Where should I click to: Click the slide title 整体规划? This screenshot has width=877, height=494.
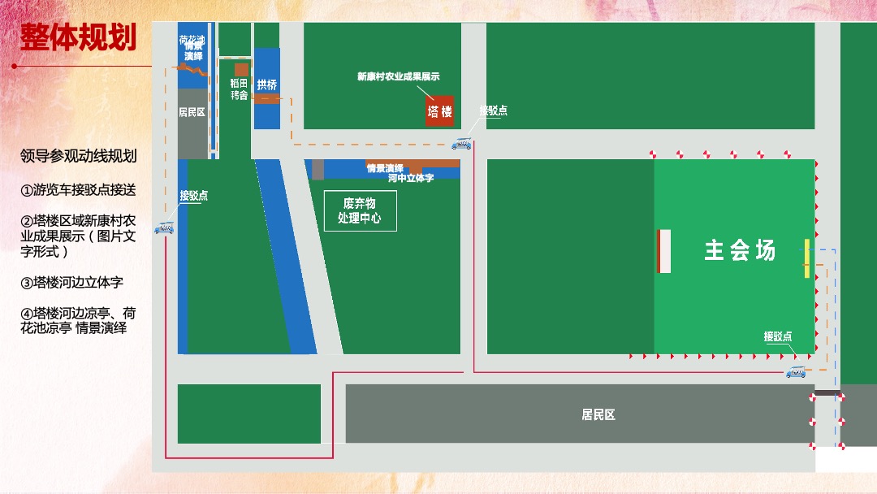point(78,37)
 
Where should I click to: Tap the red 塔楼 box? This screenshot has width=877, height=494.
point(440,111)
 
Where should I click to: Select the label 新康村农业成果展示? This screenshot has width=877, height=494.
point(398,76)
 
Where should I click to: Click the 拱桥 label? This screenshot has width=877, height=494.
point(267,84)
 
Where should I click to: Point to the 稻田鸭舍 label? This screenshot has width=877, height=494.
point(239,89)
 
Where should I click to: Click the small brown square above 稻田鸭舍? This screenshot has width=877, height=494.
point(241,70)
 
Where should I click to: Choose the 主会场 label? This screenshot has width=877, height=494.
point(740,250)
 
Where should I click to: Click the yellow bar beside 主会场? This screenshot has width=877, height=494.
point(806,258)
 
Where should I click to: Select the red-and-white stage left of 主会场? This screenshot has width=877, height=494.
point(663,251)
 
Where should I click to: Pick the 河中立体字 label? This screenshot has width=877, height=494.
point(411,177)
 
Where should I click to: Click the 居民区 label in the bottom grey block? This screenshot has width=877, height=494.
point(598,414)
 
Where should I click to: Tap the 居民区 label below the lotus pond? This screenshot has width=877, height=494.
point(192,112)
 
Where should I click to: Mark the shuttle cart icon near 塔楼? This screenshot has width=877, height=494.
point(461,145)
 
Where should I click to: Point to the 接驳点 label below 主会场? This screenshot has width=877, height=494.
point(778,336)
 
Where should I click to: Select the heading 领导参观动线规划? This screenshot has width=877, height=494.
point(78,156)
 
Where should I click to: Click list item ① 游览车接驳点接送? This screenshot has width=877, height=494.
point(78,190)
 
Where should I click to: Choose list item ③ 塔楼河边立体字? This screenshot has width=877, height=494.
point(72,283)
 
